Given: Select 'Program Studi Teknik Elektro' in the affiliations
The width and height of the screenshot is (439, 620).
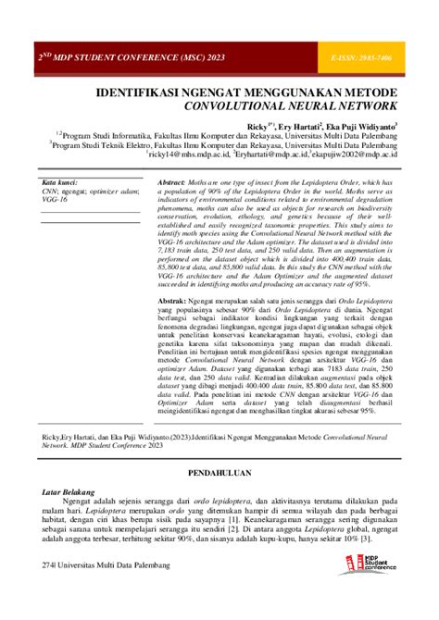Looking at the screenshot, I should [101, 145].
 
